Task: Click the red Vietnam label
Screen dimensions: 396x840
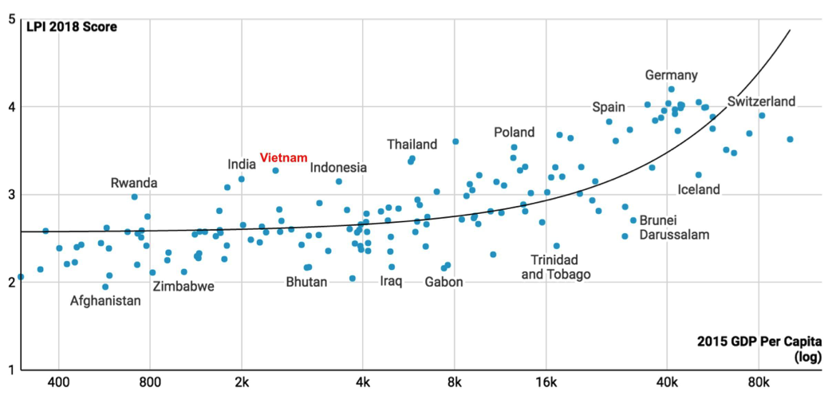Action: pyautogui.click(x=283, y=158)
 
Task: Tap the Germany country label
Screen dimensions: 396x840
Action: pyautogui.click(x=671, y=75)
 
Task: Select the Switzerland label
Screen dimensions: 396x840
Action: pyautogui.click(x=761, y=101)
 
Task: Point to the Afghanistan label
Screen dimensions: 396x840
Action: pyautogui.click(x=105, y=301)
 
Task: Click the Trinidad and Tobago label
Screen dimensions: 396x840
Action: pyautogui.click(x=556, y=267)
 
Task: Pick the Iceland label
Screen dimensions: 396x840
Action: pyautogui.click(x=699, y=189)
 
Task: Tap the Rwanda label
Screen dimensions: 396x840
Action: pyautogui.click(x=134, y=183)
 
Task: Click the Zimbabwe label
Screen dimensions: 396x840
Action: pyautogui.click(x=183, y=287)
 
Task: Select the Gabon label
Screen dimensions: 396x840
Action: pyautogui.click(x=444, y=282)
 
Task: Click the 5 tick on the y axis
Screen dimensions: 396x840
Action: pyautogui.click(x=10, y=18)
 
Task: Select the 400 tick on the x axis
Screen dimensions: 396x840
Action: pyautogui.click(x=59, y=381)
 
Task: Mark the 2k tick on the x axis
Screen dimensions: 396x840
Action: pyautogui.click(x=242, y=381)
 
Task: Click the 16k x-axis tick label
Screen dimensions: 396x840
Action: pyautogui.click(x=546, y=381)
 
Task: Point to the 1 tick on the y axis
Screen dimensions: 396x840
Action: pyautogui.click(x=10, y=370)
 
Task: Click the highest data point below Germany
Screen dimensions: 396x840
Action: pyautogui.click(x=671, y=89)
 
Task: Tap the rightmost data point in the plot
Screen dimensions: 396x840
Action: pyautogui.click(x=790, y=139)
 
